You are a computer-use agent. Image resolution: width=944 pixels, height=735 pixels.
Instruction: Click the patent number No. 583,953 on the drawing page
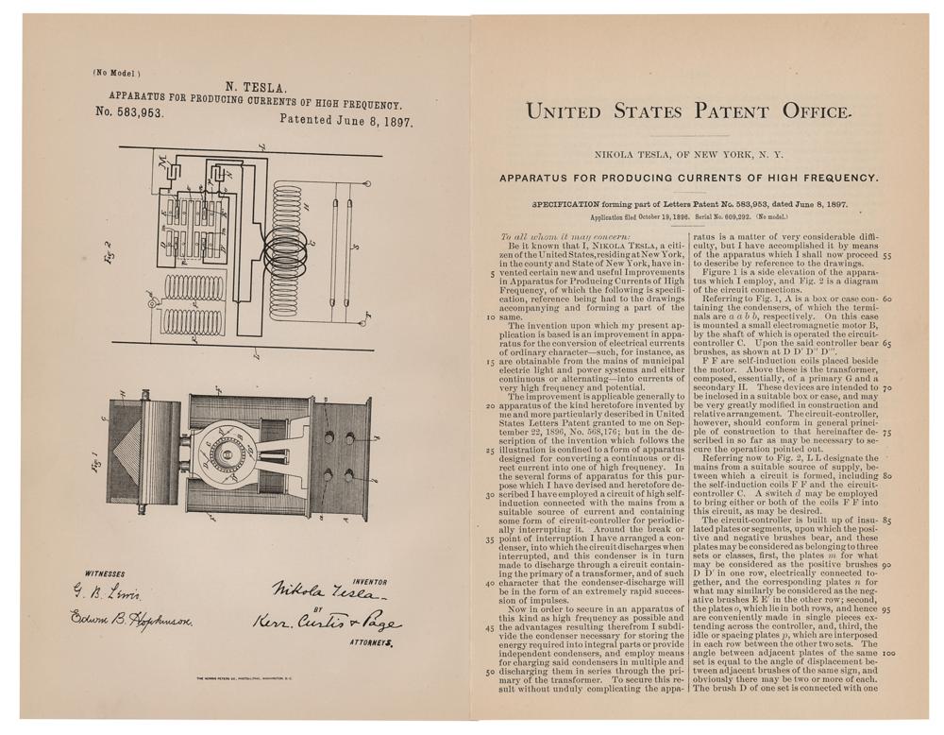[x=131, y=111]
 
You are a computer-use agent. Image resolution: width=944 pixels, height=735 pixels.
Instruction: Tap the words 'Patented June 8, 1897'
[x=346, y=120]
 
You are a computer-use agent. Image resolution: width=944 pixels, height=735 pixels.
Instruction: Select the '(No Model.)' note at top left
[x=116, y=72]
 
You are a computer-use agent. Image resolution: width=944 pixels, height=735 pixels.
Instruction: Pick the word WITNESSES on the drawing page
[x=105, y=573]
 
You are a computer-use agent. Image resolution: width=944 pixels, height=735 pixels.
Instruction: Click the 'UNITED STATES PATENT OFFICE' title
[x=688, y=111]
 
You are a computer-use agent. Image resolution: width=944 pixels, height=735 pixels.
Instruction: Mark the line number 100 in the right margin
[x=887, y=653]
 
